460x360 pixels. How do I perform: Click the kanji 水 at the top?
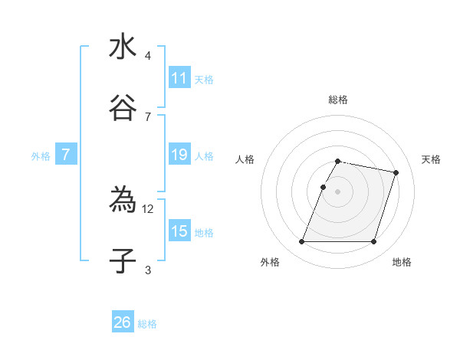123,47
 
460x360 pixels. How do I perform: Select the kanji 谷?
123,107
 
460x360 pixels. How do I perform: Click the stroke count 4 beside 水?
148,56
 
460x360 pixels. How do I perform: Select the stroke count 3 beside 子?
148,270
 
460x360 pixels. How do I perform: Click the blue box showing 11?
179,78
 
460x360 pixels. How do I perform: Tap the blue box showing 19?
179,155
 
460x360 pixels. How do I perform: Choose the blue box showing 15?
179,231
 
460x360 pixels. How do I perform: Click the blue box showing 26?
123,322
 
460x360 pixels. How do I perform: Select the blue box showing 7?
66,155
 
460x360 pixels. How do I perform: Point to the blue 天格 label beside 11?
204,80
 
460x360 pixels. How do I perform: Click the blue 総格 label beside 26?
147,324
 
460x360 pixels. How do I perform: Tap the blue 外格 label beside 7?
41,156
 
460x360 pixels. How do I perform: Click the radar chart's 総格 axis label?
338,100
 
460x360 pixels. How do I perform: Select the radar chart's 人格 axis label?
245,159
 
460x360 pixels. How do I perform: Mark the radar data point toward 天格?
396,173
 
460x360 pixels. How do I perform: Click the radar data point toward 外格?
302,242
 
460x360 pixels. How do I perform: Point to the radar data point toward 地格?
373,242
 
